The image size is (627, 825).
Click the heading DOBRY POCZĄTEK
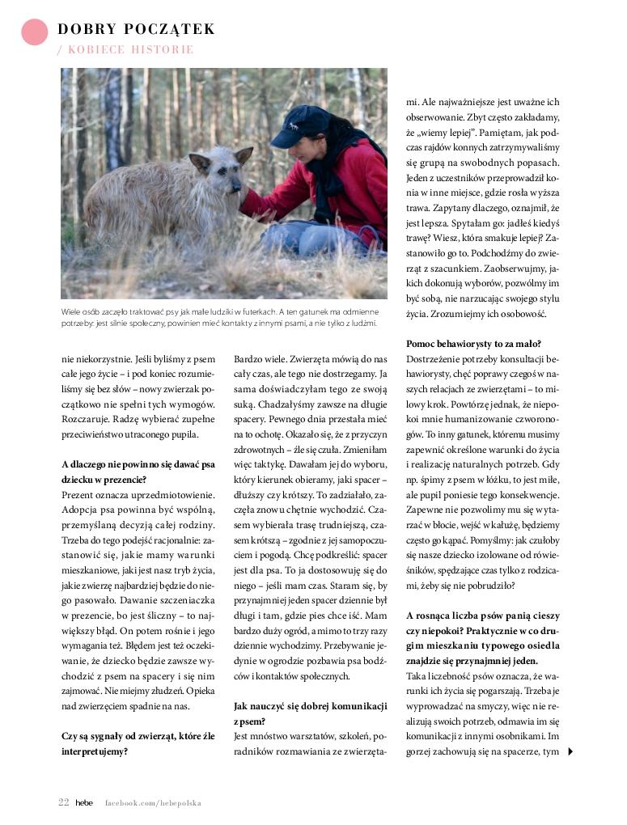pos(136,30)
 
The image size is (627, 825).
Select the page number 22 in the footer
pos(63,803)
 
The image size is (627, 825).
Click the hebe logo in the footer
pos(84,803)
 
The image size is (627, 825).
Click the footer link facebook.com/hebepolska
pos(153,803)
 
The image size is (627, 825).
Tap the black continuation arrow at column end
pos(571,751)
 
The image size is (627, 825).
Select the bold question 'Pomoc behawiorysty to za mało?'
pos(473,344)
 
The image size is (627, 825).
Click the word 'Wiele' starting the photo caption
pos(73,311)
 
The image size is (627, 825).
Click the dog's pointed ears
pos(221,156)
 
